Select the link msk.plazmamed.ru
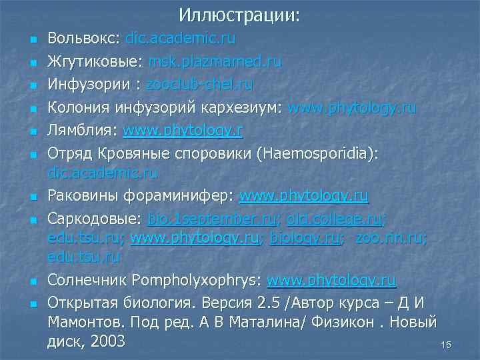[x=215, y=62]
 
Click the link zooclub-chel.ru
[x=200, y=85]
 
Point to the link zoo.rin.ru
[x=391, y=238]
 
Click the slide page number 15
[x=446, y=345]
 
